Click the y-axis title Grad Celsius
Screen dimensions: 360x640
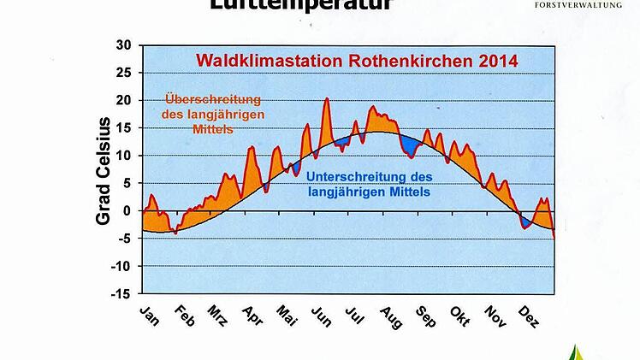click(104, 171)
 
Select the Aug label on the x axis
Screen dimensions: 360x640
click(389, 316)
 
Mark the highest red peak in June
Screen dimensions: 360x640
click(327, 100)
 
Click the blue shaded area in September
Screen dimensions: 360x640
click(413, 147)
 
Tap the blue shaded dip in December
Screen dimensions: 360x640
click(526, 221)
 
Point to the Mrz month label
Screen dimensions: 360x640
click(217, 316)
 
